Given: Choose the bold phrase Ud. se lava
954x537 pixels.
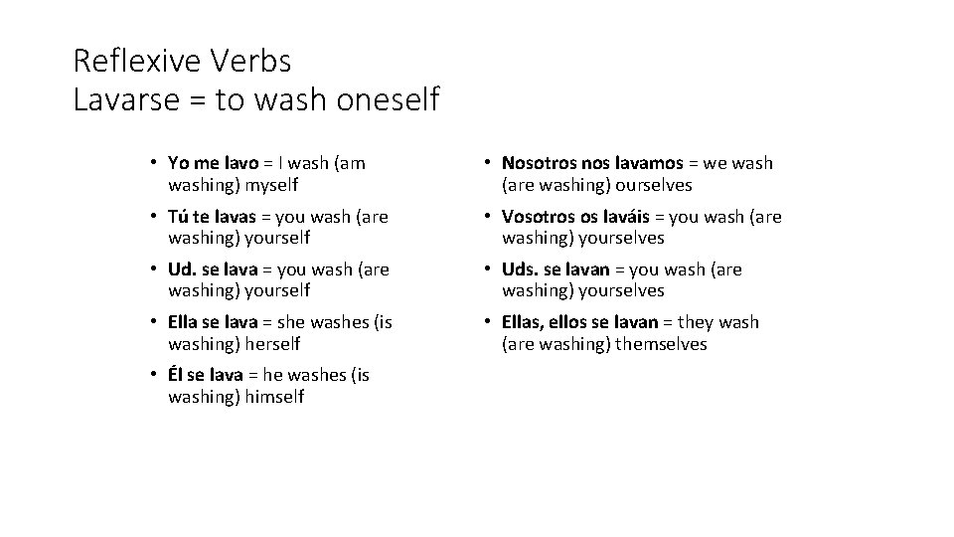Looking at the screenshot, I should (x=213, y=269).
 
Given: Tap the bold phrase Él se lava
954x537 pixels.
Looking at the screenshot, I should (x=206, y=375).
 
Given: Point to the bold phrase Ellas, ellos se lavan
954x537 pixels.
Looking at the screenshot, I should (x=580, y=322).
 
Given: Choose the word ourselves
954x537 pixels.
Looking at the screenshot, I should (x=653, y=185).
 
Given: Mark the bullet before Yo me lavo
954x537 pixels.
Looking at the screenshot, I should (x=155, y=163).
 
